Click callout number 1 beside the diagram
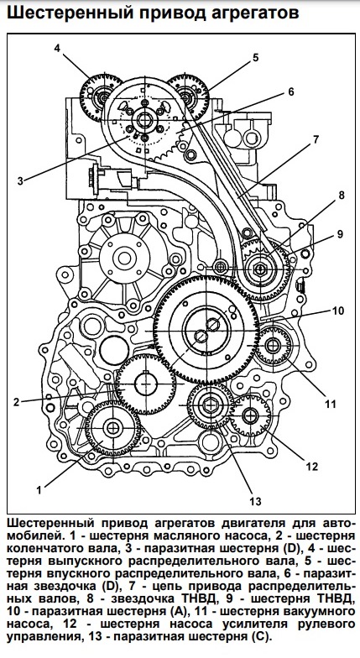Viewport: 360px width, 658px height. click(39, 490)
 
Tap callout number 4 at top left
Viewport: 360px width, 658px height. click(57, 48)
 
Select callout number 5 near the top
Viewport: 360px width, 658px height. click(255, 57)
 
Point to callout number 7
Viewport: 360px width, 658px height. click(316, 139)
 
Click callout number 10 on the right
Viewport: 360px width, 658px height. click(338, 311)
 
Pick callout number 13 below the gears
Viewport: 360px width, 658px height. click(255, 501)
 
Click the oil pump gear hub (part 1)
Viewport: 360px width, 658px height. click(112, 428)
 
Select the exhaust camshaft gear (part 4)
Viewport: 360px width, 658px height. click(101, 97)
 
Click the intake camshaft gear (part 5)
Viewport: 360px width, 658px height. click(188, 97)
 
